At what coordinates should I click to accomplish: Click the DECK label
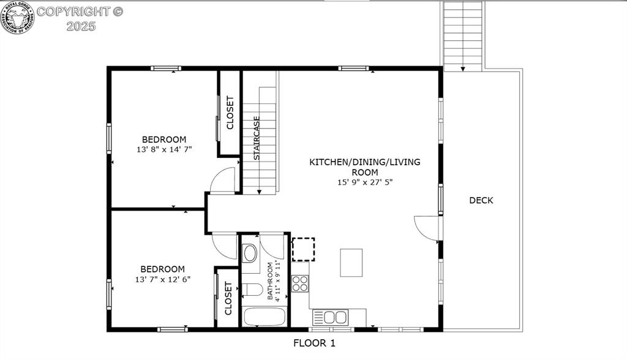tap(481, 200)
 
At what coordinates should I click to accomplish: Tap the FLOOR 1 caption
tap(314, 343)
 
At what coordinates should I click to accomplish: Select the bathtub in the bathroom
tap(265, 317)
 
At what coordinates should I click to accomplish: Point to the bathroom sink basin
tap(250, 253)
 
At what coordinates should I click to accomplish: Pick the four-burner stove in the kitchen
tap(300, 283)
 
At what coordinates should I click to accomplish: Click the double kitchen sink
tap(330, 317)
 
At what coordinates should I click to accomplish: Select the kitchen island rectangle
tap(351, 262)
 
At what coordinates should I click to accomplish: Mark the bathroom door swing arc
tap(273, 247)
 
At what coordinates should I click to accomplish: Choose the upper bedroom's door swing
tap(223, 180)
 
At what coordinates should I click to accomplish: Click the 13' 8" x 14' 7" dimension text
tap(164, 149)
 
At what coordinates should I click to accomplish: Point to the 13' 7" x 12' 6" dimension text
tap(162, 279)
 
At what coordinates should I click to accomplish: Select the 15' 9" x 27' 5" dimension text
tap(364, 182)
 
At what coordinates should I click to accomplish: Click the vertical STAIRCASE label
tap(257, 138)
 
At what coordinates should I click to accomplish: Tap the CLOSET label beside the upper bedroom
tap(230, 113)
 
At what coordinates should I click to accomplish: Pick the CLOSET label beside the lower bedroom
tap(228, 298)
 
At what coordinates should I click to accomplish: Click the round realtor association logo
tap(18, 17)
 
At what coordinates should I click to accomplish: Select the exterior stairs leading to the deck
tap(463, 36)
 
